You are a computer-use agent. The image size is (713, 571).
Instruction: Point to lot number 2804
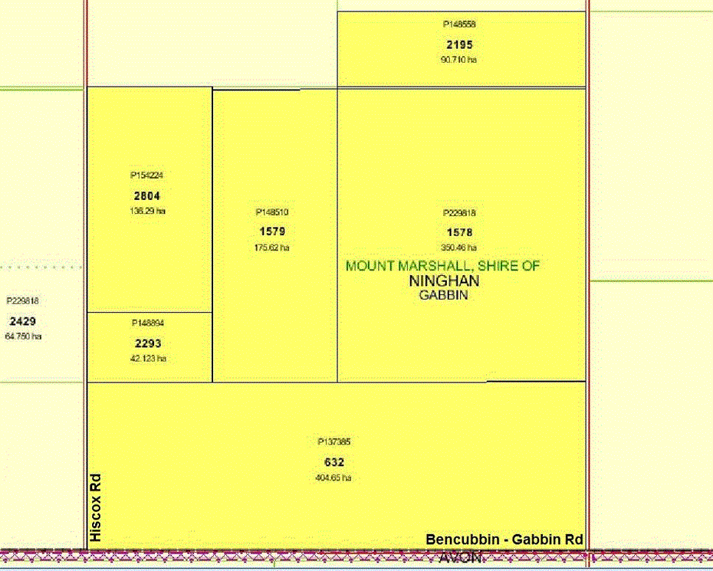(x=147, y=196)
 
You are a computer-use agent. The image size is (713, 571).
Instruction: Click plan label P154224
(x=147, y=176)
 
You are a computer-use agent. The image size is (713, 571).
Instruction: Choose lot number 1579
(x=272, y=231)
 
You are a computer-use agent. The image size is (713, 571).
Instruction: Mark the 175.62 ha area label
(x=272, y=248)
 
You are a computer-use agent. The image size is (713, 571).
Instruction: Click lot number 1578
(x=459, y=232)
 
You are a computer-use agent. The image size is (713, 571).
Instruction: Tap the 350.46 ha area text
(x=459, y=248)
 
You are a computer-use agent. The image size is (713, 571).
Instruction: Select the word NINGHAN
(x=444, y=281)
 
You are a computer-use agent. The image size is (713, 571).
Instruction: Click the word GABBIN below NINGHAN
(x=443, y=294)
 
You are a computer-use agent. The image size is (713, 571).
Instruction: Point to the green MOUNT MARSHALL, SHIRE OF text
(x=442, y=266)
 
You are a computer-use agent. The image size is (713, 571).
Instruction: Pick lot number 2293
(x=147, y=343)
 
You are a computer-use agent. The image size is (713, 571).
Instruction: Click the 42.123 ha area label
(x=147, y=358)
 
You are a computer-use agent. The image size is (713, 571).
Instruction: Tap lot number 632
(x=334, y=462)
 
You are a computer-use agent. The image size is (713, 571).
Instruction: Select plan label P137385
(x=334, y=442)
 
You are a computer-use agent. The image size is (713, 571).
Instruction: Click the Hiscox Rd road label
(x=96, y=507)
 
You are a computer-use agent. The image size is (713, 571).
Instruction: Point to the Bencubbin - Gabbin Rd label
(x=504, y=540)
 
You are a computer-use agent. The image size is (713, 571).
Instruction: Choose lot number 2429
(x=23, y=322)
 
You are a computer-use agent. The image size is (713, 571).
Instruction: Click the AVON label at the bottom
(x=460, y=558)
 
